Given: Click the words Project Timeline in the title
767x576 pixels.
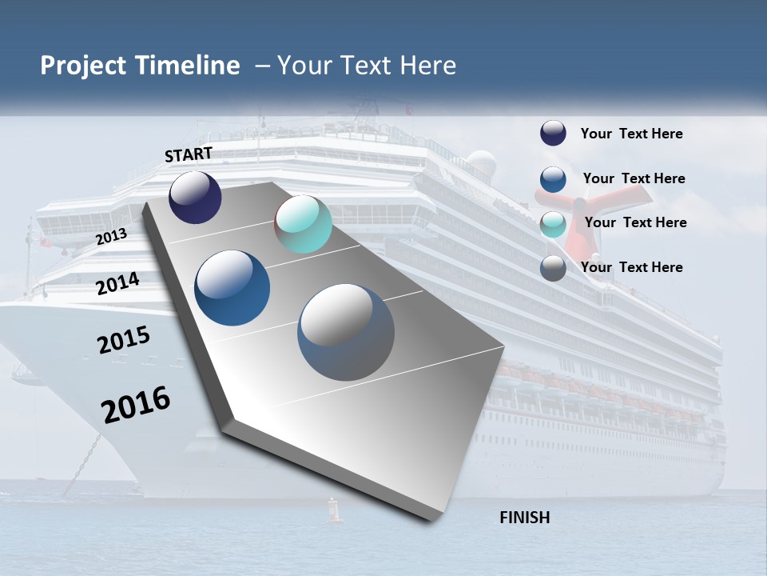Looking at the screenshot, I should pyautogui.click(x=140, y=66).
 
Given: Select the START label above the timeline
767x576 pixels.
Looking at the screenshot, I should pyautogui.click(x=189, y=154).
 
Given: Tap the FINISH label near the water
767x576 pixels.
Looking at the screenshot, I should pyautogui.click(x=524, y=518).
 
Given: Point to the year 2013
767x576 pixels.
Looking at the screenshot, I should pyautogui.click(x=111, y=237).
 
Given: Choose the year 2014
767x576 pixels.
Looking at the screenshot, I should pyautogui.click(x=117, y=284).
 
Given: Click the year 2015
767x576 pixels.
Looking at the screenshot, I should pyautogui.click(x=124, y=340).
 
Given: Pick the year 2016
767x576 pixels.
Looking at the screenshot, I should pyautogui.click(x=136, y=405).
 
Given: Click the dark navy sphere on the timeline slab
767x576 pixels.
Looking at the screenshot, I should pyautogui.click(x=195, y=198).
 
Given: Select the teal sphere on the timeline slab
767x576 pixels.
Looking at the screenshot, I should pyautogui.click(x=303, y=225).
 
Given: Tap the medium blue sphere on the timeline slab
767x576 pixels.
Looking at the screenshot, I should pyautogui.click(x=232, y=288).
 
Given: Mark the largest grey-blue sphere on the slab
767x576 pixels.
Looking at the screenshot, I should pyautogui.click(x=346, y=332).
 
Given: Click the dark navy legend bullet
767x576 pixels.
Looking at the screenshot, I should pyautogui.click(x=553, y=134).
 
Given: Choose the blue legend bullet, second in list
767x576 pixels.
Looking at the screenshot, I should pyautogui.click(x=553, y=179).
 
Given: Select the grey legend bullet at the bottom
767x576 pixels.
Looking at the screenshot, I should pyautogui.click(x=553, y=268).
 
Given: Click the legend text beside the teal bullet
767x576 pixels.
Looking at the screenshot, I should pyautogui.click(x=635, y=222).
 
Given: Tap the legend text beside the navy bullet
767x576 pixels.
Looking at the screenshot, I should pyautogui.click(x=631, y=134).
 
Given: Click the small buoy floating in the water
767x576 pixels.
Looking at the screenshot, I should pyautogui.click(x=335, y=511).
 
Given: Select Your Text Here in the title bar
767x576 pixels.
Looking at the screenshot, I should pyautogui.click(x=367, y=66).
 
